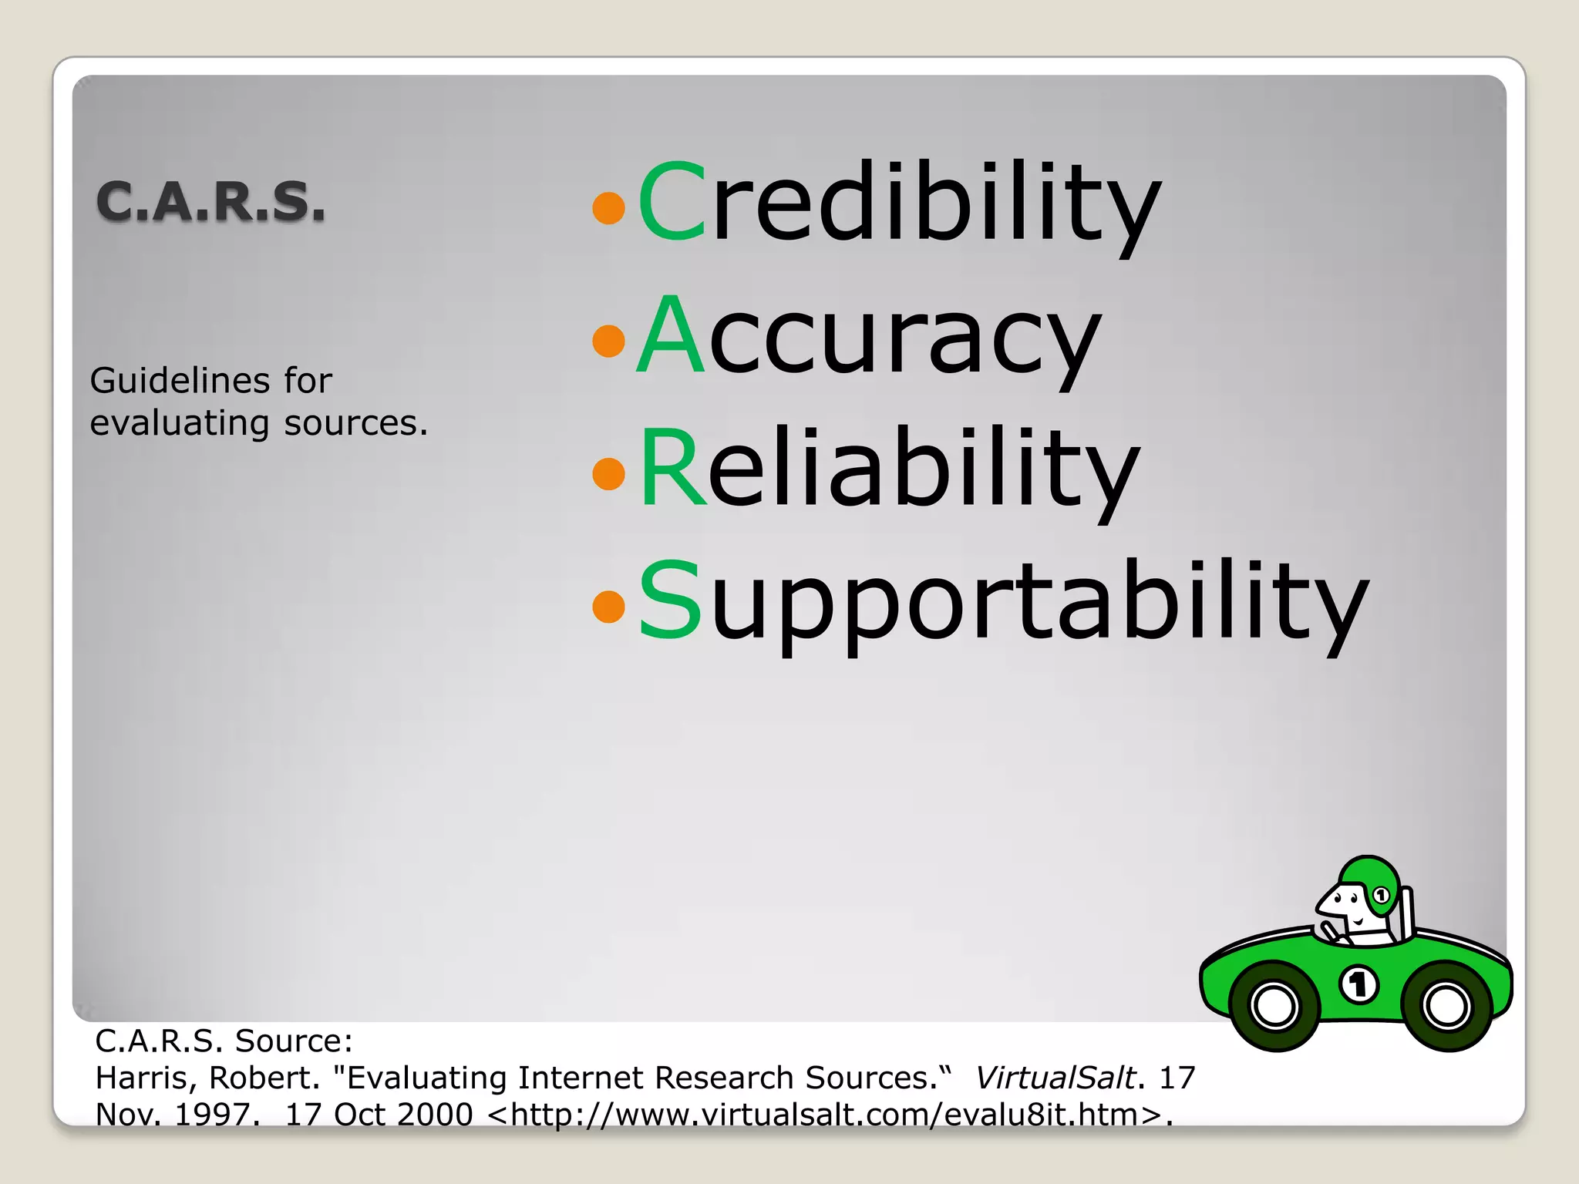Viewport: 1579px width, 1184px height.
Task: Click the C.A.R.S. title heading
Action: tap(210, 202)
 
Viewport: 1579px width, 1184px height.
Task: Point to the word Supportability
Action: tap(1002, 601)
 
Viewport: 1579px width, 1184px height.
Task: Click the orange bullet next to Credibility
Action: tap(608, 208)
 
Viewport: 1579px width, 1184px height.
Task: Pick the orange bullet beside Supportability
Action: tap(608, 606)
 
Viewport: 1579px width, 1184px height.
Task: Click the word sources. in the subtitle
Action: tap(355, 423)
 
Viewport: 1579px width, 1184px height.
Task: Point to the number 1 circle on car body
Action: tap(1358, 984)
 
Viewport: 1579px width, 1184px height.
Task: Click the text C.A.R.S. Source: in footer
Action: tap(224, 1041)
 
